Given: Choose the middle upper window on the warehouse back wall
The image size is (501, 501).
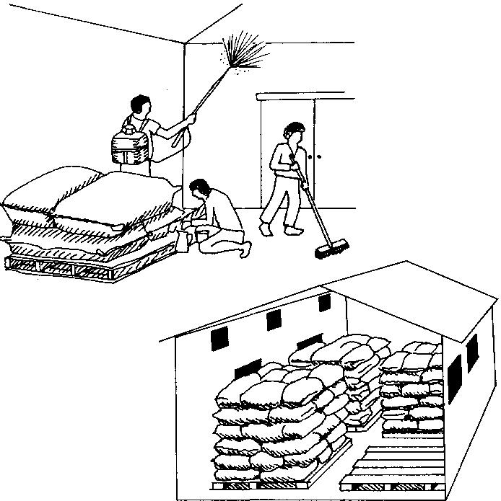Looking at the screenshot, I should click(274, 318).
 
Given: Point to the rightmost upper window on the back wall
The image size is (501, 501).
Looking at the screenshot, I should click(323, 303).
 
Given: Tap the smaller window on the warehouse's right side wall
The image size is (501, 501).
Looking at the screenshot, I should click(473, 353).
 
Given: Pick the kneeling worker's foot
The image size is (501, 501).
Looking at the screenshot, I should click(246, 249).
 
